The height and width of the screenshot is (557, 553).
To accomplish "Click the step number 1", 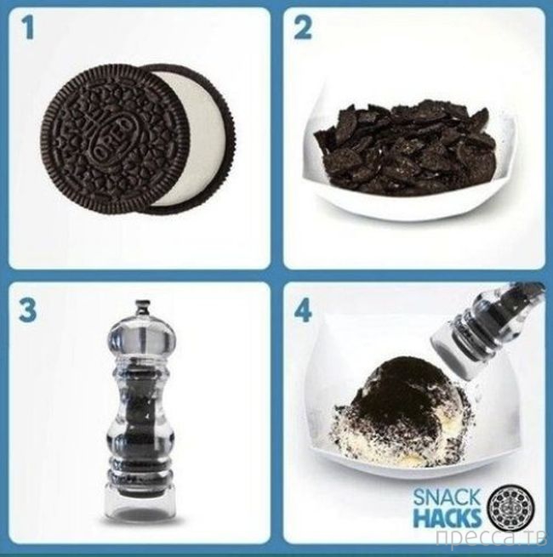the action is click(28, 29).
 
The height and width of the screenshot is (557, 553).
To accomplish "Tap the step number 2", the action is click(302, 28).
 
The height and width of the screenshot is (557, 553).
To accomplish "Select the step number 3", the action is click(28, 311).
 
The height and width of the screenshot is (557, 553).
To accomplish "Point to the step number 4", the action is click(303, 311).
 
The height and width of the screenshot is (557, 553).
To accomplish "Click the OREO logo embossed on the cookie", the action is click(113, 134).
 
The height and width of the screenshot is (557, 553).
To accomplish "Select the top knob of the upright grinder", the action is click(142, 308).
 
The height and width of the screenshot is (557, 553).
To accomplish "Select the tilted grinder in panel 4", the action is click(487, 334).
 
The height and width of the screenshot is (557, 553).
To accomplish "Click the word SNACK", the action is click(446, 499).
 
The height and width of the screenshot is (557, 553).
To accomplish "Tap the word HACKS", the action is click(446, 519).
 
